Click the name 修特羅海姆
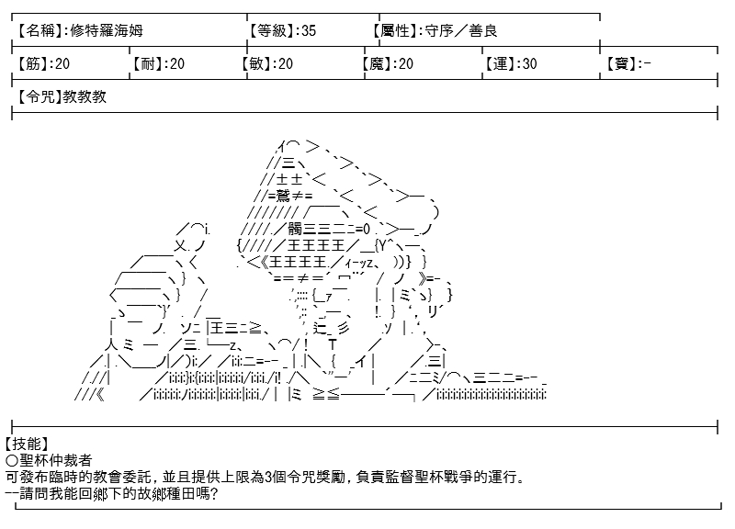(x=107, y=31)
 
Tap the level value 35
(x=309, y=31)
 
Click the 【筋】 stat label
(x=32, y=63)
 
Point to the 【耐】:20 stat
(x=157, y=63)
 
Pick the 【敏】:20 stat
(x=267, y=63)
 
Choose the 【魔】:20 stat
(x=388, y=63)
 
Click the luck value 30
(x=529, y=63)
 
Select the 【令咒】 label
(x=39, y=97)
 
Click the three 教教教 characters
(x=85, y=97)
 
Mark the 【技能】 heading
(x=26, y=444)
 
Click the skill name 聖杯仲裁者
(x=56, y=460)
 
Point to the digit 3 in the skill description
(x=268, y=477)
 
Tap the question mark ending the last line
(x=214, y=493)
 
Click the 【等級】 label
(x=271, y=31)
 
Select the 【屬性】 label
(x=397, y=31)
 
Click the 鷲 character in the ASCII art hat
(x=284, y=196)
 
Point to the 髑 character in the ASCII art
(x=295, y=229)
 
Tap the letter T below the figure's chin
(x=333, y=344)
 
